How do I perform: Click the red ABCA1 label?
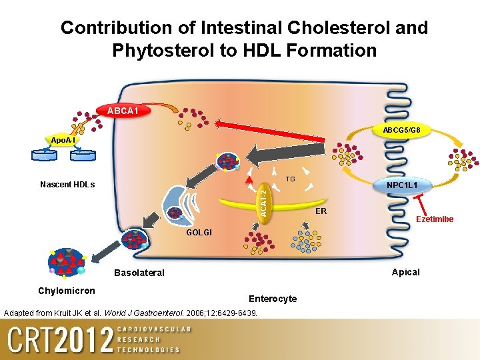click(x=123, y=110)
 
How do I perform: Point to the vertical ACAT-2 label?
click(x=263, y=199)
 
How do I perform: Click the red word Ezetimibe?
click(x=435, y=219)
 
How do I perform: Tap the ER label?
click(x=321, y=211)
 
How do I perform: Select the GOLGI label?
click(x=199, y=233)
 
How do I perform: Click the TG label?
click(x=290, y=179)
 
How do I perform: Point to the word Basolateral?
click(x=139, y=273)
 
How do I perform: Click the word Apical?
click(x=405, y=272)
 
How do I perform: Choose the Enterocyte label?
click(x=273, y=298)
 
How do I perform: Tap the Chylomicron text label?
click(x=67, y=290)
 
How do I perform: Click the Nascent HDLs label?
click(x=67, y=185)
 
